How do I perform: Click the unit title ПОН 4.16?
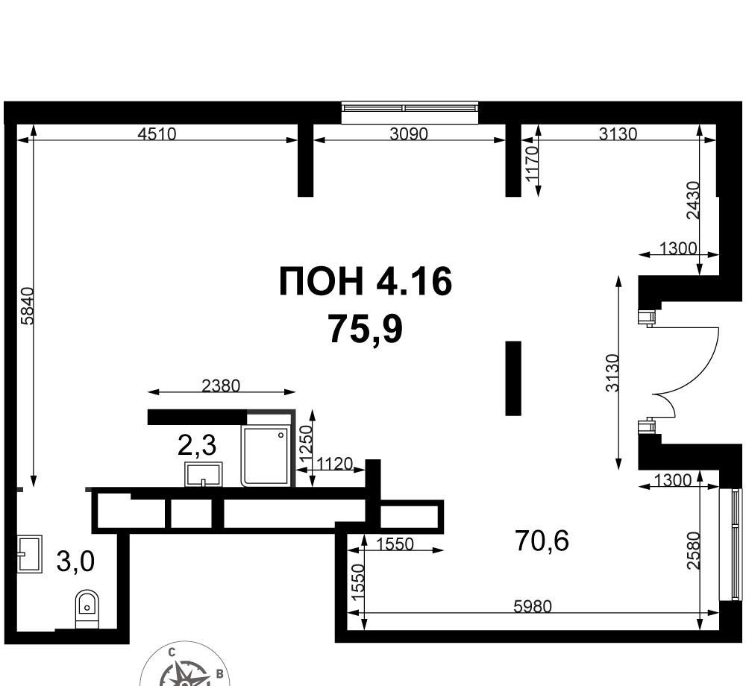(x=365, y=281)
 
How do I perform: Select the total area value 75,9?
(x=366, y=330)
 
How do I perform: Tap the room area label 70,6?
(x=542, y=541)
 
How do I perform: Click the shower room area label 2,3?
(x=197, y=445)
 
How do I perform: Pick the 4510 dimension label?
(x=157, y=134)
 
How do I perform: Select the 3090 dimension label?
(x=409, y=134)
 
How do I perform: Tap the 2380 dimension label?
(x=221, y=386)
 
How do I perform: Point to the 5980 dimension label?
(x=533, y=607)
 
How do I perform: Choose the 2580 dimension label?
(x=694, y=550)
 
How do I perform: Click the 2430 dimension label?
(x=694, y=200)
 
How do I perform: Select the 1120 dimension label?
(x=334, y=463)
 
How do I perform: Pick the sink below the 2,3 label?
(x=204, y=474)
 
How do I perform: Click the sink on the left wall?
(x=30, y=553)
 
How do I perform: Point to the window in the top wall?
(x=410, y=113)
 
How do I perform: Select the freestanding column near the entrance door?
(x=513, y=378)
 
